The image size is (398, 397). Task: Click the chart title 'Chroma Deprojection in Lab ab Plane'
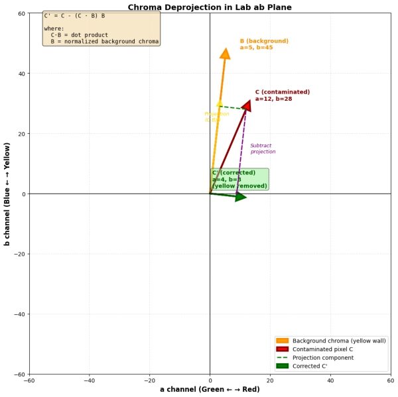[210, 7]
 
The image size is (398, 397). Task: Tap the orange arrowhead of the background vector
[225, 54]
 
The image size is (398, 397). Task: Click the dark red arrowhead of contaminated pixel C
[247, 105]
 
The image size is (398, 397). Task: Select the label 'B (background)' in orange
[264, 41]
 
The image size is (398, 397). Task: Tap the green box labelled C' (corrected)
[239, 179]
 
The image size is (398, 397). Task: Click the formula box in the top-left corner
[101, 28]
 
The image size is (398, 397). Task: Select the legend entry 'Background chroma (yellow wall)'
[339, 341]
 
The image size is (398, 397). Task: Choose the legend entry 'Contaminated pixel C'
[322, 349]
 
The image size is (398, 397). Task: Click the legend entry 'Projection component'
[323, 358]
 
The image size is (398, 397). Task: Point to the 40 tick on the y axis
[21, 74]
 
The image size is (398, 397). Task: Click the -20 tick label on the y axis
[19, 255]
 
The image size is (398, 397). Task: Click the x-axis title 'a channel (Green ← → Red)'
[210, 390]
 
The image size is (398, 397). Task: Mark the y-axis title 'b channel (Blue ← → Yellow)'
[7, 194]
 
